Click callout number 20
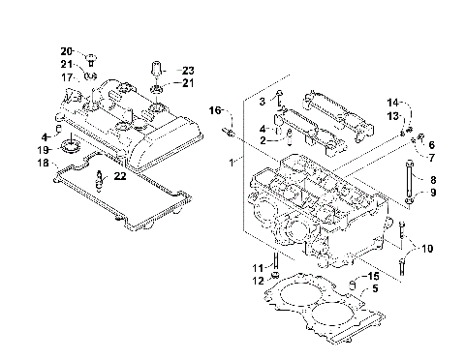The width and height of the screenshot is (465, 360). click(x=66, y=50)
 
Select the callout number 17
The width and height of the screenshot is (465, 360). click(x=67, y=76)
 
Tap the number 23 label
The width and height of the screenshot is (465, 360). click(x=188, y=71)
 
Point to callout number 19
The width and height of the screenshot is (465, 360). click(x=45, y=150)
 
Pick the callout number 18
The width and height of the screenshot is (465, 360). click(x=45, y=164)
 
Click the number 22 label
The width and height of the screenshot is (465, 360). click(x=119, y=176)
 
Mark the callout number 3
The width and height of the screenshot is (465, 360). click(x=261, y=101)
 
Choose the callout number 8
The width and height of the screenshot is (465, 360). click(x=433, y=180)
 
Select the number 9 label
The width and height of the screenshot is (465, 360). click(x=433, y=193)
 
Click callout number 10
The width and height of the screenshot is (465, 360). click(x=427, y=248)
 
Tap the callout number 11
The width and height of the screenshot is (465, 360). click(x=258, y=267)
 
